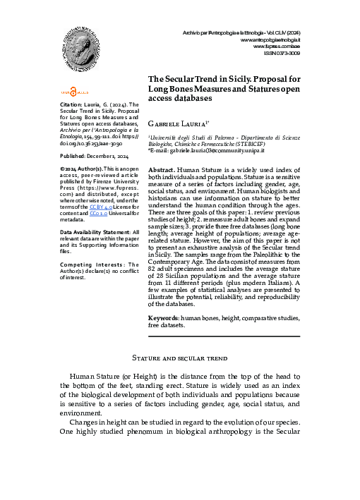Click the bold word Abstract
(x=163, y=171)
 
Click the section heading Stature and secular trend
(x=179, y=360)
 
